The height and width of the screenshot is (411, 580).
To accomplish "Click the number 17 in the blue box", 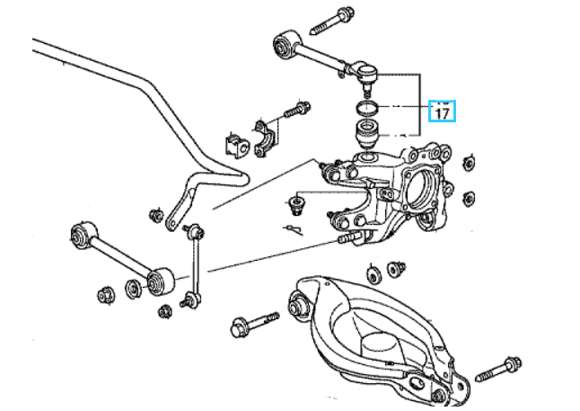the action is click(x=443, y=113).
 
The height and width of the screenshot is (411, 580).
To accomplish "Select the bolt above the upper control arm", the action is click(x=332, y=21).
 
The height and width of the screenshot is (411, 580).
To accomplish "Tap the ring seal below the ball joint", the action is click(x=367, y=108).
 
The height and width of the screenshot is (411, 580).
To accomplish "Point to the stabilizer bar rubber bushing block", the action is click(x=236, y=146).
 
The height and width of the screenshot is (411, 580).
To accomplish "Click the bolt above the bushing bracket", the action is click(x=297, y=110).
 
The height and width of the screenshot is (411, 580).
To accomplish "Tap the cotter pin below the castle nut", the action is click(x=294, y=229).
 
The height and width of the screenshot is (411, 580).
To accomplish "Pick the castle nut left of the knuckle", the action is click(x=296, y=205).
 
